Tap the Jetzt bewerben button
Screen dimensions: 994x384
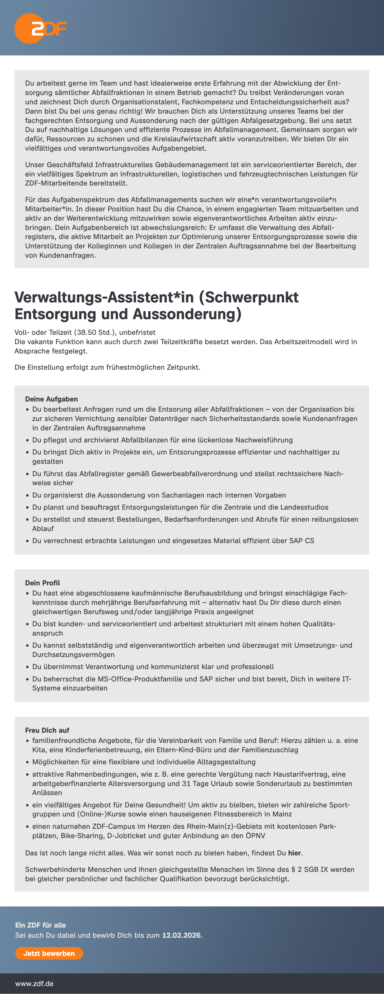(x=49, y=953)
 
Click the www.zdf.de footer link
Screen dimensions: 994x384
(x=34, y=983)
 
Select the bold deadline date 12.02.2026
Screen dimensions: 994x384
(x=181, y=935)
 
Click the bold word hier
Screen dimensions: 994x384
(x=295, y=853)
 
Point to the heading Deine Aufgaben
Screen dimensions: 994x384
(x=51, y=399)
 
